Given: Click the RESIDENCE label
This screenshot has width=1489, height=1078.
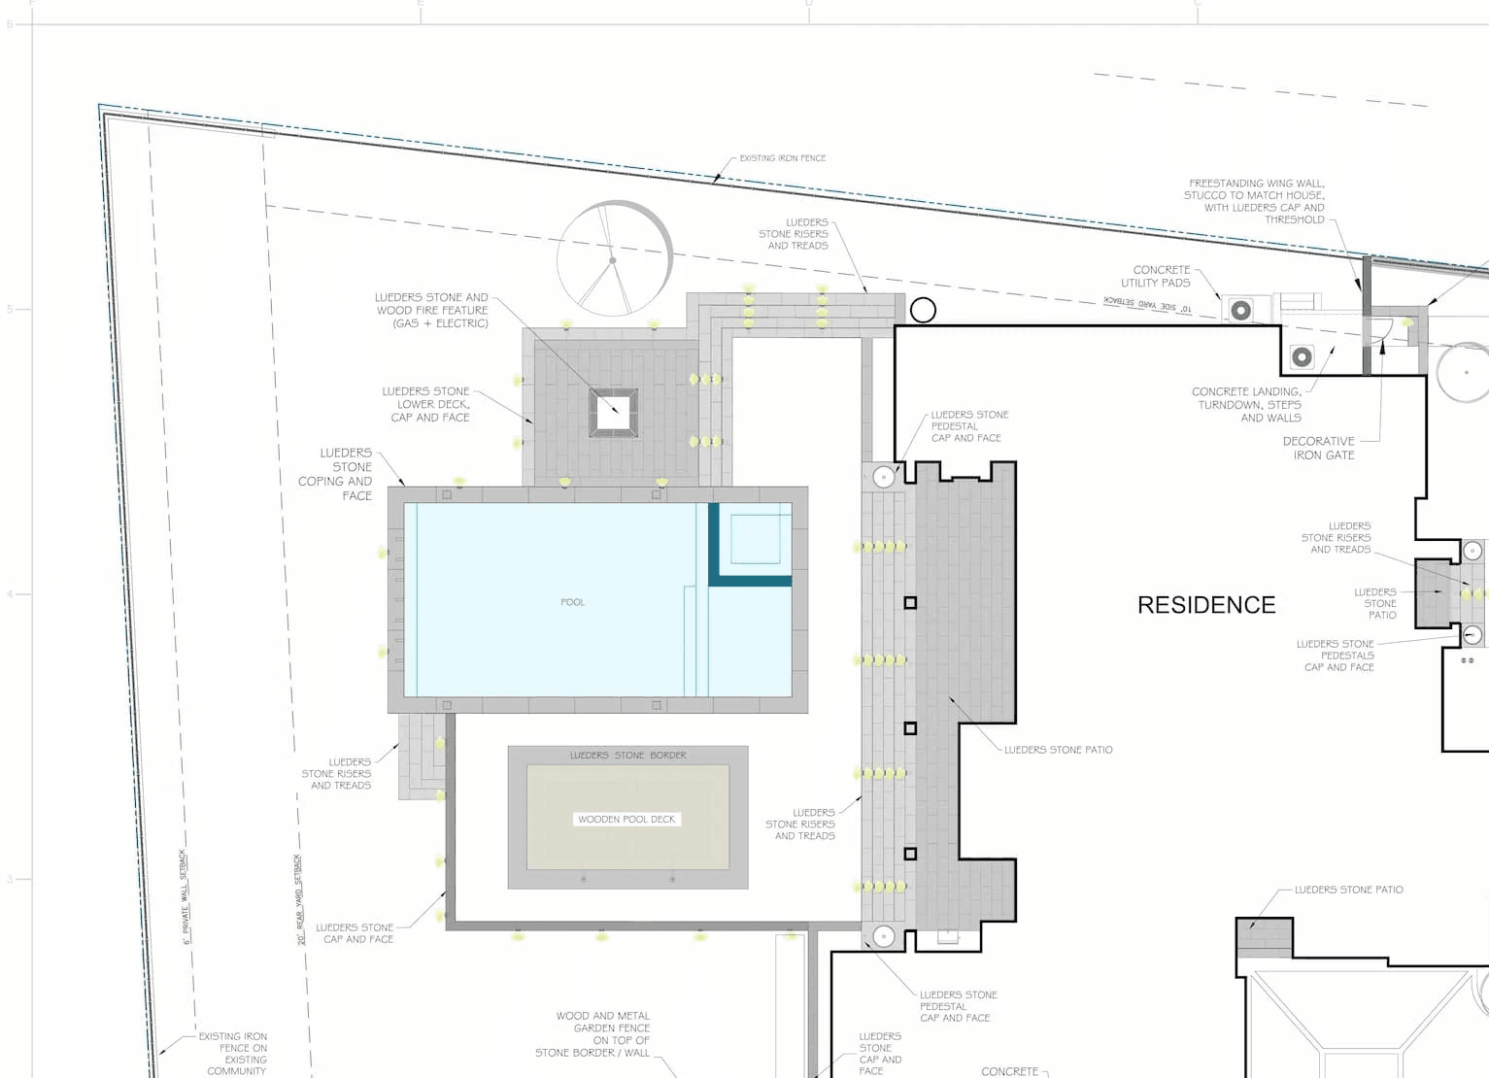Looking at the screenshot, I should click(x=1206, y=605).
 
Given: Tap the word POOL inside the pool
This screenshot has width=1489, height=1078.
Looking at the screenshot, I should click(x=572, y=602).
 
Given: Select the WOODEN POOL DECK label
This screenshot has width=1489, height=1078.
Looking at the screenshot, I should click(x=626, y=819).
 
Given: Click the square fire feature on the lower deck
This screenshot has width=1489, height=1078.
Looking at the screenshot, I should click(x=614, y=413).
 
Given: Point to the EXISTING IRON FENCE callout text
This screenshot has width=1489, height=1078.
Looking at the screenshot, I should click(x=782, y=158).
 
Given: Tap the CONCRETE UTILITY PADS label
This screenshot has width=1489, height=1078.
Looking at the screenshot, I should click(x=1156, y=277).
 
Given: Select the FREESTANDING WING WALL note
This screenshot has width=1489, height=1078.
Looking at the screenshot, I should click(x=1255, y=201).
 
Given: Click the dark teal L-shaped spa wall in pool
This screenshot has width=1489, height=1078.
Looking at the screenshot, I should click(x=748, y=580).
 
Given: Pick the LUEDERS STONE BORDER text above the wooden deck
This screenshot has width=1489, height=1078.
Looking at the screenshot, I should click(x=627, y=755).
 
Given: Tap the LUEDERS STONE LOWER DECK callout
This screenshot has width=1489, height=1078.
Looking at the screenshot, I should click(x=426, y=404).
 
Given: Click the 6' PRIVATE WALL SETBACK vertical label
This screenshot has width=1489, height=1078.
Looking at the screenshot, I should click(x=184, y=896).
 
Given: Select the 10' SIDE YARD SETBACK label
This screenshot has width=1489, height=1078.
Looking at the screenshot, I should click(x=1147, y=304).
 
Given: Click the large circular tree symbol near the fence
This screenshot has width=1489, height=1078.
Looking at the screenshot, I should click(x=614, y=259).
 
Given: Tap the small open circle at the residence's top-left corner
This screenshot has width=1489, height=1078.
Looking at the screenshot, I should click(x=923, y=310).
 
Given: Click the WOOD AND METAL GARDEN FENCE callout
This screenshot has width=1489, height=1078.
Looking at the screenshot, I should click(x=594, y=1033).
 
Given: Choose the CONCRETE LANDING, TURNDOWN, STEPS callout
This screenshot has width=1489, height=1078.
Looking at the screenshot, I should click(x=1247, y=405).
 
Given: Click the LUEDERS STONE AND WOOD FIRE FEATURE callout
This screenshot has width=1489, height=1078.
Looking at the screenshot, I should click(x=432, y=311).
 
